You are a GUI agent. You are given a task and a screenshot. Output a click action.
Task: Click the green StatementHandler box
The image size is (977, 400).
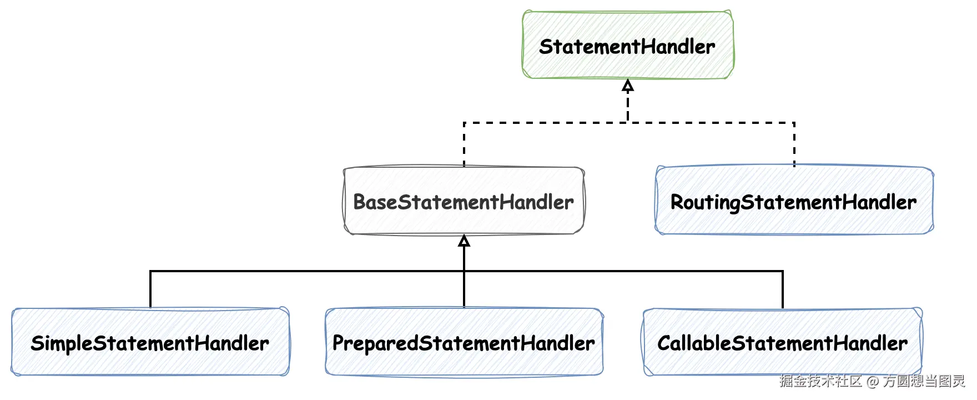628,46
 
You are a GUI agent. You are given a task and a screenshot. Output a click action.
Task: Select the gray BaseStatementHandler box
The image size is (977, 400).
464,201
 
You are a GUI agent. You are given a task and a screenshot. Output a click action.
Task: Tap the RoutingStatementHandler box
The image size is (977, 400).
794,201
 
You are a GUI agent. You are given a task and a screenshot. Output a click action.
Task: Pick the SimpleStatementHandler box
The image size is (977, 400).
150,342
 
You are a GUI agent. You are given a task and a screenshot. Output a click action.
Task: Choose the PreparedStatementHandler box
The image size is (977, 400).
464,342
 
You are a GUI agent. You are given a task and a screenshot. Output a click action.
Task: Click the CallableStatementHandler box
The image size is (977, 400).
782,342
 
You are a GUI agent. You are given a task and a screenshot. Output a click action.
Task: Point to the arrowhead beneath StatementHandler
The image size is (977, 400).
628,85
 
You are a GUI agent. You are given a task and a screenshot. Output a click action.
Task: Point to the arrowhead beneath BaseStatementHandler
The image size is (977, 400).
464,241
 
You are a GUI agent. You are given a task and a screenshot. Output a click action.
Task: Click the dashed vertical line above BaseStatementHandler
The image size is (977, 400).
464,144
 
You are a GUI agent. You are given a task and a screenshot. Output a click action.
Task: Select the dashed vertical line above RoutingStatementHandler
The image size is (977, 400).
794,144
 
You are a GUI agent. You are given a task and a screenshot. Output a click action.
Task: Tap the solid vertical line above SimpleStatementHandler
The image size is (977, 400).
150,289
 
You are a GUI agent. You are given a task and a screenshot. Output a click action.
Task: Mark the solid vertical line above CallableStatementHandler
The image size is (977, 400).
782,289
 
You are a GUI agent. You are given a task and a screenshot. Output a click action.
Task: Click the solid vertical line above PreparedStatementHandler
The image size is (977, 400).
464,289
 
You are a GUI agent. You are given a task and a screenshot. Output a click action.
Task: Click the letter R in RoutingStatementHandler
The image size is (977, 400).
678,202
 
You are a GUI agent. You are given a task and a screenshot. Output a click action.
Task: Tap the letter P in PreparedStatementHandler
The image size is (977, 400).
339,343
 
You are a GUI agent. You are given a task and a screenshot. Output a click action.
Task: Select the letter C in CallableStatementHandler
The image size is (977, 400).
664,343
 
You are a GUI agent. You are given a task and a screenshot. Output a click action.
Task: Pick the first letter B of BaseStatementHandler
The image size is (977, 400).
360,202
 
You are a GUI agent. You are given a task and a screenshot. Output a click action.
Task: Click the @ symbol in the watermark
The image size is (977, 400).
873,381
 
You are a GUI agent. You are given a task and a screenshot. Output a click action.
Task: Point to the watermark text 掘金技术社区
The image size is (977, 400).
820,381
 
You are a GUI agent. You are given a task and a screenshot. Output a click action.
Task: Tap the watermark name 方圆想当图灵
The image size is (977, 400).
924,381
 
